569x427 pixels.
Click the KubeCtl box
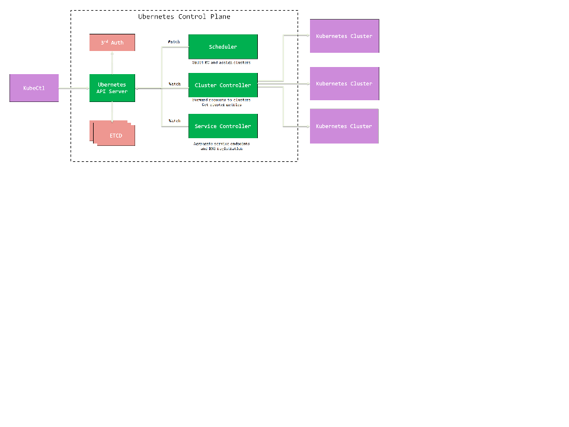pyautogui.click(x=34, y=88)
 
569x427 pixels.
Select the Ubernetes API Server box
pyautogui.click(x=112, y=88)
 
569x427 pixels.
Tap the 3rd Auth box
pyautogui.click(x=112, y=43)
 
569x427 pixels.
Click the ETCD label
pyautogui.click(x=116, y=136)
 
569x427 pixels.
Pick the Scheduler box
pyautogui.click(x=223, y=47)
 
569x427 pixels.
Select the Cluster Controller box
pyautogui.click(x=223, y=85)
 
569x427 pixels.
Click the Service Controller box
pyautogui.click(x=223, y=126)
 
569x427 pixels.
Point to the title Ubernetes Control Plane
pyautogui.click(x=184, y=17)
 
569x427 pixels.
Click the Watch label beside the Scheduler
pyautogui.click(x=174, y=42)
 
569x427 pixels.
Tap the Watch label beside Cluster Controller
pyautogui.click(x=174, y=84)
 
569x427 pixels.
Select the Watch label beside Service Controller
pyautogui.click(x=174, y=121)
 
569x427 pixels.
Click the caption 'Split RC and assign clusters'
pyautogui.click(x=221, y=62)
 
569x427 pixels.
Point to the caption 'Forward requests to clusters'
pyautogui.click(x=221, y=100)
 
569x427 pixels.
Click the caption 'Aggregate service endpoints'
pyautogui.click(x=221, y=144)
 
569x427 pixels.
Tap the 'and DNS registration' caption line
pyautogui.click(x=221, y=149)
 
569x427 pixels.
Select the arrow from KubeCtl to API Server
pyautogui.click(x=74, y=88)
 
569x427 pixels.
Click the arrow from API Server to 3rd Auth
pyautogui.click(x=112, y=63)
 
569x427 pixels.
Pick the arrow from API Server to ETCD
pyautogui.click(x=112, y=111)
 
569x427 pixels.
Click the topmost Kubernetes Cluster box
pyautogui.click(x=344, y=36)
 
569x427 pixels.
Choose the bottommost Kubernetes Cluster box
pyautogui.click(x=344, y=126)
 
